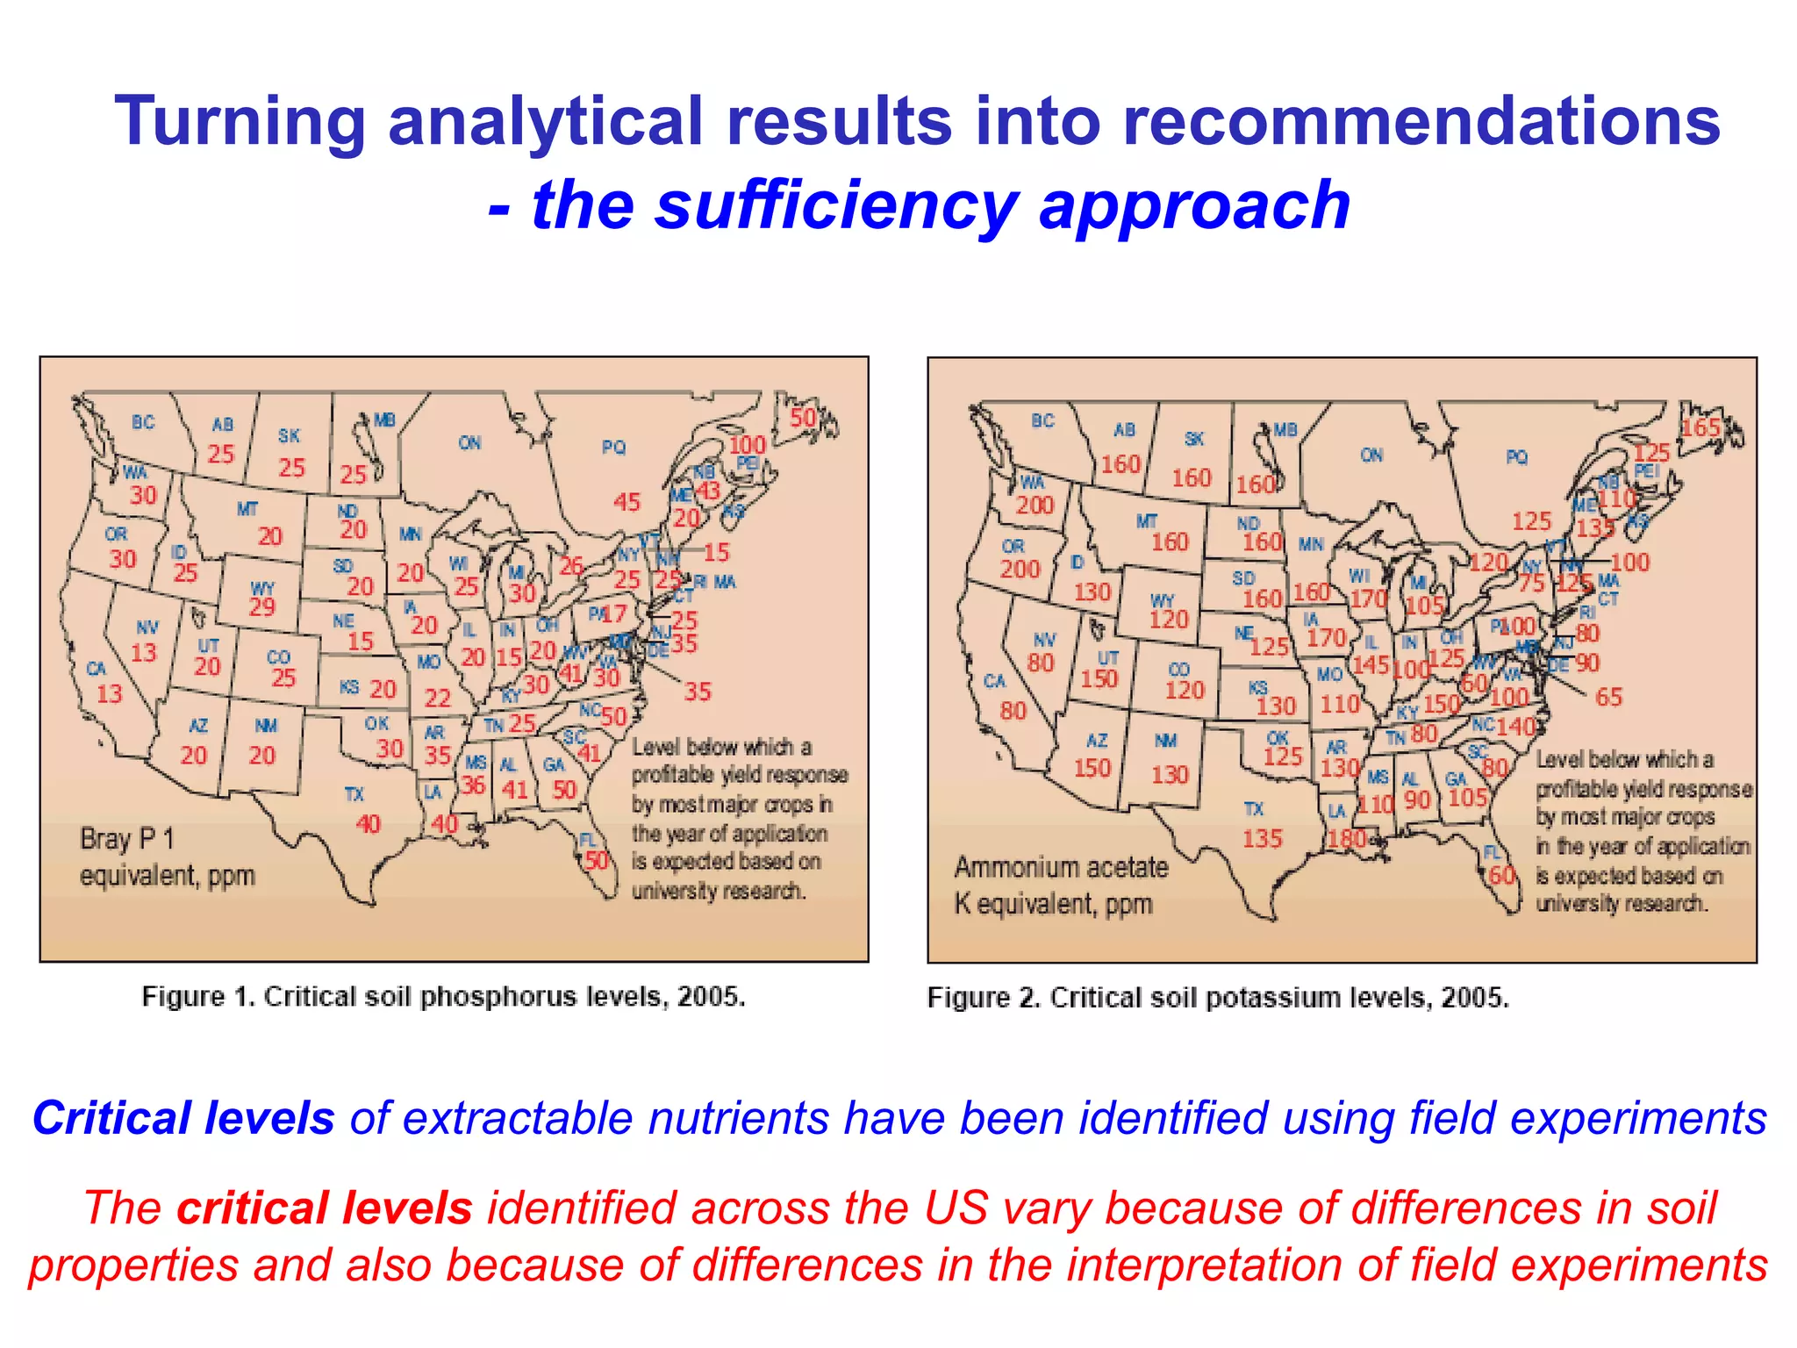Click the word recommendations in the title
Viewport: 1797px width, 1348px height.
click(1421, 121)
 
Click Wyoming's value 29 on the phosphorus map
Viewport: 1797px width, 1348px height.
click(261, 606)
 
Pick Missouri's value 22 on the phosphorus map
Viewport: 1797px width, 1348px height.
click(437, 698)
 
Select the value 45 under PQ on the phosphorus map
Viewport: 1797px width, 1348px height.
click(626, 502)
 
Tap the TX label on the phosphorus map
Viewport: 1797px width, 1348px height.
click(354, 794)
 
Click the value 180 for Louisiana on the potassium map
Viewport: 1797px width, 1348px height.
click(1346, 839)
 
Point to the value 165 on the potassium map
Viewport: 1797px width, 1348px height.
click(1700, 428)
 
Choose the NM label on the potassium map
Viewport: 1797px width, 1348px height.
click(1165, 741)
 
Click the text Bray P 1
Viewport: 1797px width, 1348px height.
click(127, 839)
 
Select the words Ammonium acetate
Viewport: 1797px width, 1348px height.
click(1061, 867)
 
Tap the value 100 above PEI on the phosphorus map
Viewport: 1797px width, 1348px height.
click(748, 445)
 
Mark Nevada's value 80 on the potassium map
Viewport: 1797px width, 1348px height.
click(1040, 663)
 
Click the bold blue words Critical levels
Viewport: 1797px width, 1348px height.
click(183, 1118)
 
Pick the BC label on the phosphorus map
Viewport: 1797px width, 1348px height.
click(143, 422)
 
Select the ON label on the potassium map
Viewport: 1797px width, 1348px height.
click(1371, 455)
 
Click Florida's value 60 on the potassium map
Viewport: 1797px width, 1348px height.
click(1501, 875)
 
